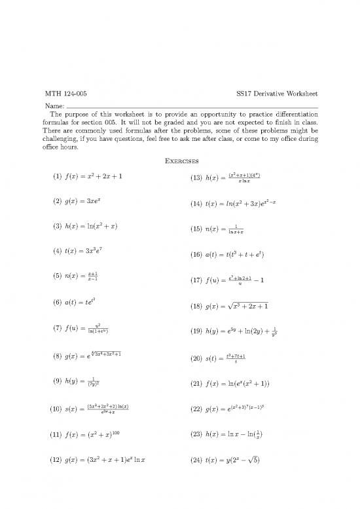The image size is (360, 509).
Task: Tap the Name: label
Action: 54,107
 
